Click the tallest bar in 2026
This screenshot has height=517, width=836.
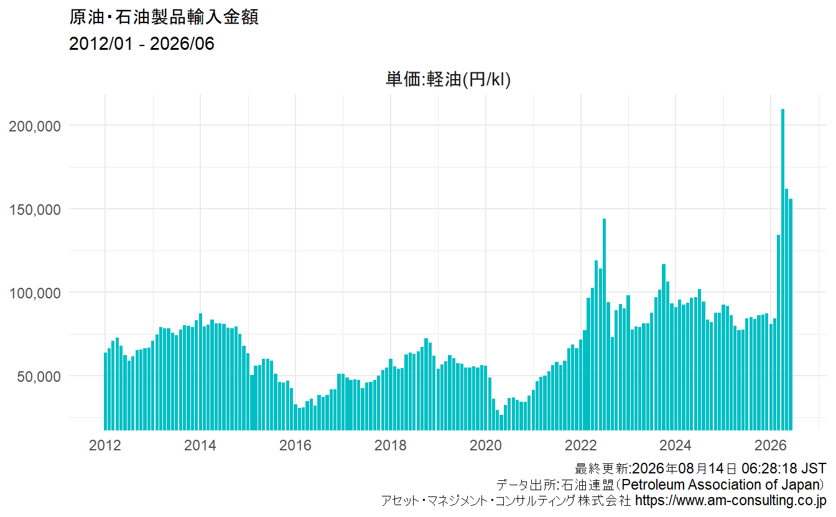(x=783, y=270)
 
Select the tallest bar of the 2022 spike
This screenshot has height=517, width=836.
(x=604, y=325)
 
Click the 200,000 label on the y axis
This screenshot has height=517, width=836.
(x=35, y=126)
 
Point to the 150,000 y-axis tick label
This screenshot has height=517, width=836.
(x=35, y=210)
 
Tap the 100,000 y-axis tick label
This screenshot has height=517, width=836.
(x=35, y=293)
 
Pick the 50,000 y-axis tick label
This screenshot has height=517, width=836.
(x=39, y=376)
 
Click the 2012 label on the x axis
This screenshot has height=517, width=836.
(x=105, y=445)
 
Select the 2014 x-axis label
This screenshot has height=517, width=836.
(x=200, y=445)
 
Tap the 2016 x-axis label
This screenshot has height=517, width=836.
(x=295, y=445)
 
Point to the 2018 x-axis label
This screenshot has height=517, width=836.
(x=391, y=445)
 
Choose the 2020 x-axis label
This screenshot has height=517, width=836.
(x=486, y=445)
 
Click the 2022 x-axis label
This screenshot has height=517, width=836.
(x=581, y=445)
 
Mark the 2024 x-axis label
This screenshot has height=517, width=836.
(x=675, y=445)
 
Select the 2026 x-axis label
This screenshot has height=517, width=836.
(x=770, y=445)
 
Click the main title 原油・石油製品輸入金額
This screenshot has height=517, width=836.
(x=164, y=17)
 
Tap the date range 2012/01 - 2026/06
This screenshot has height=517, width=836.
(x=141, y=44)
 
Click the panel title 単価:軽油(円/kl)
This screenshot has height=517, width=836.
(x=448, y=79)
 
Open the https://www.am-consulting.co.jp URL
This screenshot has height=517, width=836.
(x=731, y=500)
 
